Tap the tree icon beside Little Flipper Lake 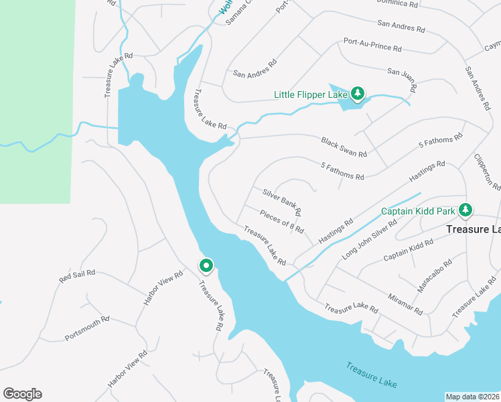click(358, 93)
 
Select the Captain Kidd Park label click(418, 212)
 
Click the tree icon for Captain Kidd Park click(466, 211)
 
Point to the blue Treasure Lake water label click(372, 375)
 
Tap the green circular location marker click(206, 266)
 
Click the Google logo click(22, 394)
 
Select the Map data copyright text click(473, 396)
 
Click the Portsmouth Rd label click(87, 328)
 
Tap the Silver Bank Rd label click(282, 202)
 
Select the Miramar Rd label click(405, 304)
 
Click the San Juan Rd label click(403, 78)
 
